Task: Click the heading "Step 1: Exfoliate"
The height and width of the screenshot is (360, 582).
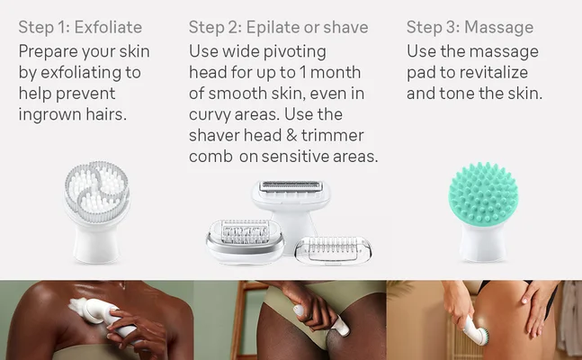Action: pos(80,27)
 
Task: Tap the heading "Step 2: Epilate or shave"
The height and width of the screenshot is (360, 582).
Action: pos(278,27)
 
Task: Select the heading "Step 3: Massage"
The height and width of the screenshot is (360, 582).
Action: pos(470,27)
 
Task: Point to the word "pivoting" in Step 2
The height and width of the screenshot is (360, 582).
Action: pos(294,51)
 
